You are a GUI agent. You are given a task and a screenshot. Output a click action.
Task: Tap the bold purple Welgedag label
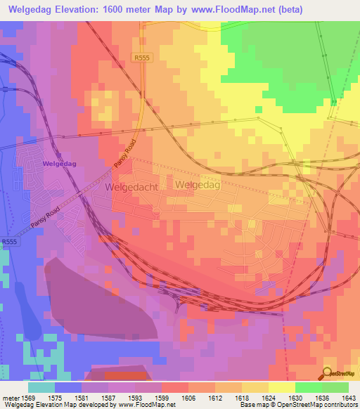tap(59, 163)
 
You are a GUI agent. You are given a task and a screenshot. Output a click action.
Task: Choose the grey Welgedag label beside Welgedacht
tap(198, 185)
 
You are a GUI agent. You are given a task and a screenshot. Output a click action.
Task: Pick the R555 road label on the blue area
tap(9, 242)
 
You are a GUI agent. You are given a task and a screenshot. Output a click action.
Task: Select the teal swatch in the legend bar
tap(41, 387)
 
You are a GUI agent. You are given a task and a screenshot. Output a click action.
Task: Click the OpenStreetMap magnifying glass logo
tap(328, 373)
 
